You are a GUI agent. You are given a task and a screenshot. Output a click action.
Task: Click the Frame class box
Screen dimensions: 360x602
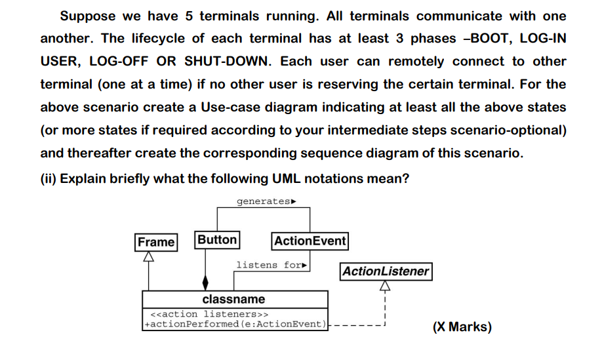point(156,242)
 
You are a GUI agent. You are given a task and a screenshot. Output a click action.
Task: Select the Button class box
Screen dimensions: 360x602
point(217,240)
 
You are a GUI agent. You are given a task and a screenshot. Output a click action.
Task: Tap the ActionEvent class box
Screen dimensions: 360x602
point(310,241)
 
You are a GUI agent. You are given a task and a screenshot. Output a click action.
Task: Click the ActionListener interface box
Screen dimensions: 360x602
point(386,271)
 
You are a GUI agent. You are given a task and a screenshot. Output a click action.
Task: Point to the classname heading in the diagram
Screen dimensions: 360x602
point(233,299)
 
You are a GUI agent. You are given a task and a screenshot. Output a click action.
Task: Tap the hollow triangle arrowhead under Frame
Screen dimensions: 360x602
point(148,257)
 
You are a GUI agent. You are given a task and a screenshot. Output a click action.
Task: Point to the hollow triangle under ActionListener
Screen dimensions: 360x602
point(385,285)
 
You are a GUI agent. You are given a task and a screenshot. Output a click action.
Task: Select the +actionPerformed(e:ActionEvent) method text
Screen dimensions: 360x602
point(235,323)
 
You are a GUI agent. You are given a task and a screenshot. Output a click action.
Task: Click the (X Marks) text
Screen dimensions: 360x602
point(462,327)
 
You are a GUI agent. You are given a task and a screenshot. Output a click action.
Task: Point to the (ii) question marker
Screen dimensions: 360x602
point(49,178)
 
